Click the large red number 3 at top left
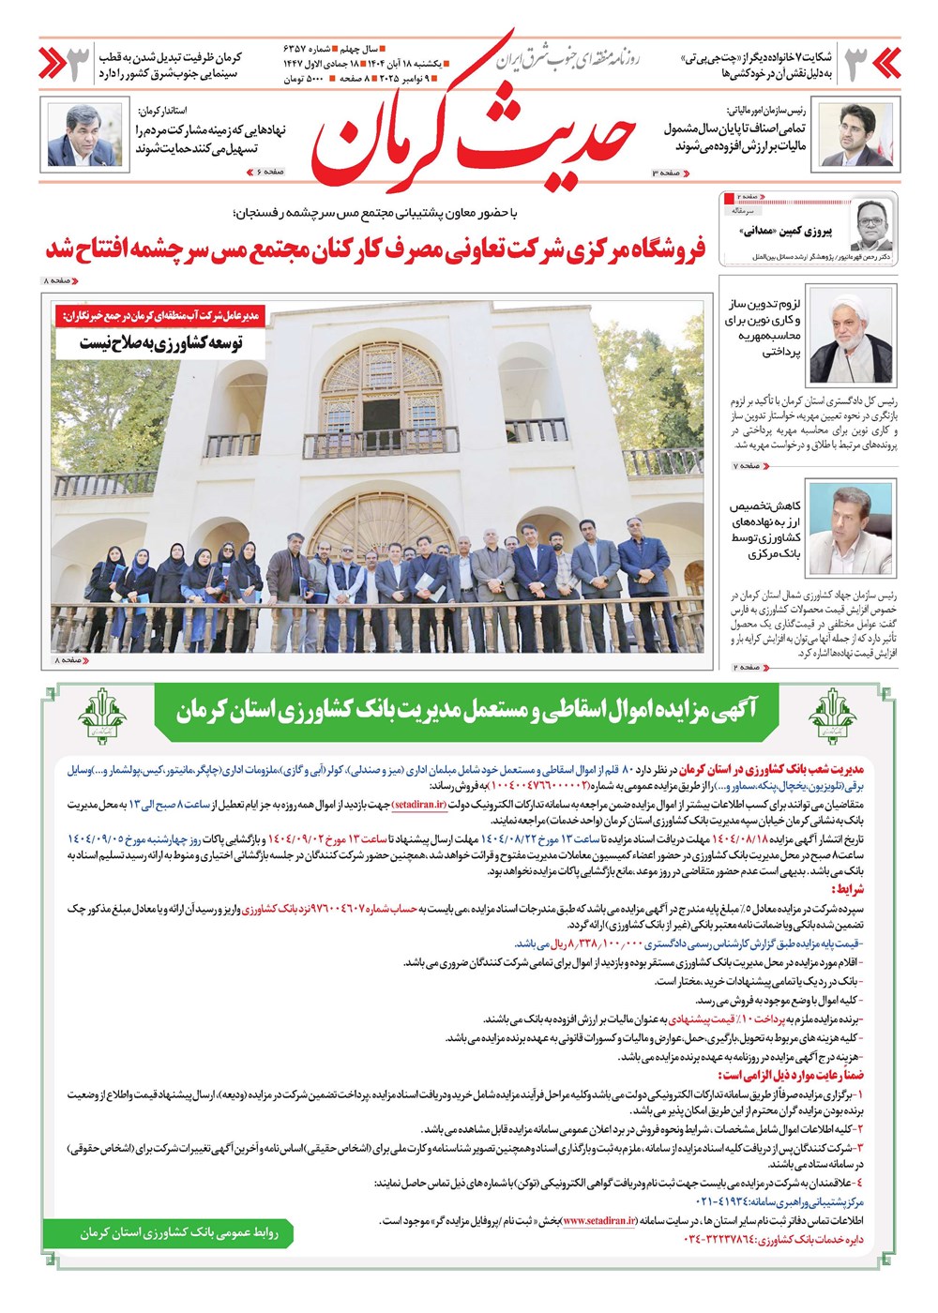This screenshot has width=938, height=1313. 79,63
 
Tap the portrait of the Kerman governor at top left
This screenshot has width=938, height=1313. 84,136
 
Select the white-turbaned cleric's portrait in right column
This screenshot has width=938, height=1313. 852,336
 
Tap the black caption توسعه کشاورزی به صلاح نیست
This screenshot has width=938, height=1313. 160,343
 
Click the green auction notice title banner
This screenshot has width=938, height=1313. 466,710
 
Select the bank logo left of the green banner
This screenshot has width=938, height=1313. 102,717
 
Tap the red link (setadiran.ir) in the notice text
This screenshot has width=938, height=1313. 419,805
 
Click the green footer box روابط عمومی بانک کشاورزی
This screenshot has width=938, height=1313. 178,1232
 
